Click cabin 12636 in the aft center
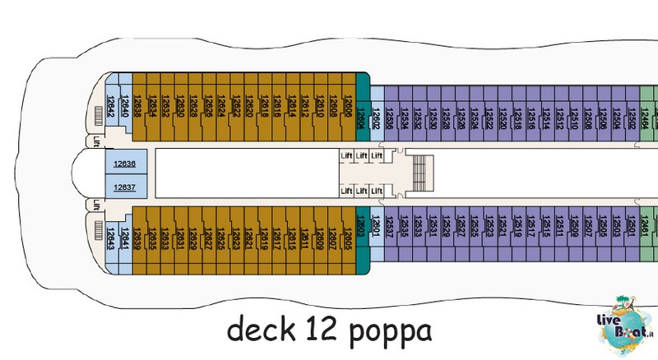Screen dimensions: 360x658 click(125, 164)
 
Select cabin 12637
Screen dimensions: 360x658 click(125, 187)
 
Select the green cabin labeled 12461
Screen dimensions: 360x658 click(647, 230)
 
